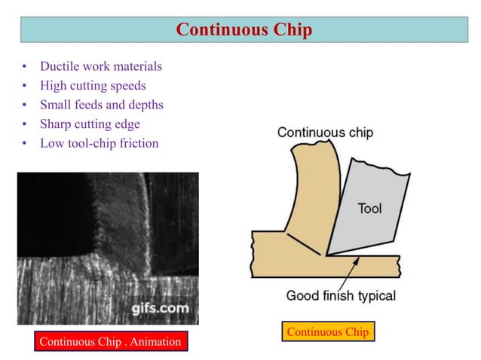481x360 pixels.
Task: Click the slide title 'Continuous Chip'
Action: click(244, 29)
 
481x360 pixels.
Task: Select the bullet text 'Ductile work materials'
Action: click(101, 66)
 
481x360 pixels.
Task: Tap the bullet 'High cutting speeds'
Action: click(93, 86)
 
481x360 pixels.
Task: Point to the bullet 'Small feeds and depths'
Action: click(101, 105)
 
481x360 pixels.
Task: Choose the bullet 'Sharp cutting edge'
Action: click(90, 124)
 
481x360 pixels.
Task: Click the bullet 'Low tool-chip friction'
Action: click(99, 143)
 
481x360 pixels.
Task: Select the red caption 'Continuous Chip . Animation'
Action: click(110, 341)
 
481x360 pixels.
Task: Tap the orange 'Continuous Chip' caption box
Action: click(328, 331)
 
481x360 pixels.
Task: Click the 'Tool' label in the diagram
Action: click(369, 209)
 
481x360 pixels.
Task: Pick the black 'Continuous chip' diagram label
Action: click(325, 133)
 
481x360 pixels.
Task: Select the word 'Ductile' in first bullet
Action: click(59, 66)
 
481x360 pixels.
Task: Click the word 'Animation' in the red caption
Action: click(155, 341)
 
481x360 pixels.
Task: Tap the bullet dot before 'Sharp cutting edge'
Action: click(25, 124)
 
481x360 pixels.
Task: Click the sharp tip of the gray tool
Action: click(328, 255)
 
